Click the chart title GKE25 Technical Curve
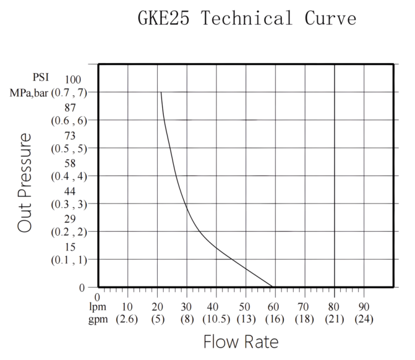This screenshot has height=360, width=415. (x=247, y=18)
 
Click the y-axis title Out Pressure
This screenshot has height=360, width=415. (x=24, y=183)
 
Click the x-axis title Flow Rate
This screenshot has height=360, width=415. (x=241, y=342)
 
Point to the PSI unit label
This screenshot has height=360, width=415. (x=41, y=77)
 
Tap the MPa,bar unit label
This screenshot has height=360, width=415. (x=29, y=93)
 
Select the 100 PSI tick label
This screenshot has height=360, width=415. (x=73, y=79)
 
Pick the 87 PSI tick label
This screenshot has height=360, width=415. (x=70, y=108)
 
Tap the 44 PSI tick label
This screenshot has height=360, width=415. (x=70, y=191)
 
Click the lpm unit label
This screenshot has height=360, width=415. (x=97, y=306)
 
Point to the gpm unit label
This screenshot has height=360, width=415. (x=98, y=319)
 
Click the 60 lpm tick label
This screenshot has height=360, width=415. (x=273, y=307)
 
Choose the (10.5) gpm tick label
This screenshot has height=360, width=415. (x=216, y=319)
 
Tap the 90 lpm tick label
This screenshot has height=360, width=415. (x=364, y=307)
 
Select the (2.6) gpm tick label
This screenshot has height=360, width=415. (x=127, y=319)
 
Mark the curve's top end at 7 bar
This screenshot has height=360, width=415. (x=161, y=92)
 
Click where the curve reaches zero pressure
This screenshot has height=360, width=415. (x=272, y=287)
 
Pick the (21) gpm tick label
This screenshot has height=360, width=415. (x=334, y=319)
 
